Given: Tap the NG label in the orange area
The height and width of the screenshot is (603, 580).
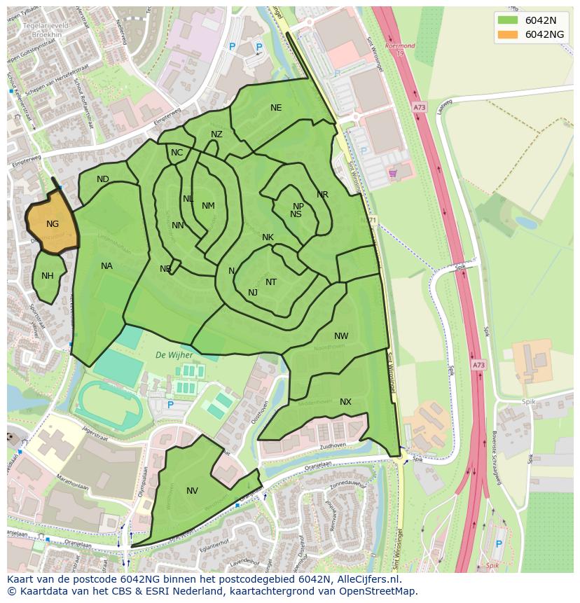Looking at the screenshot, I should pyautogui.click(x=53, y=224).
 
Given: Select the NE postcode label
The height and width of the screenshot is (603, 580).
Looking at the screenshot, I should pyautogui.click(x=276, y=108).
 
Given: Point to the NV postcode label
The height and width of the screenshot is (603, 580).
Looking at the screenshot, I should pyautogui.click(x=192, y=491).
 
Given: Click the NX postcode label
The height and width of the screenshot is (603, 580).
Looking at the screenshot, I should pyautogui.click(x=345, y=402).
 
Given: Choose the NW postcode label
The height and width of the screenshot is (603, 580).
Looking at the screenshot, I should pyautogui.click(x=341, y=336).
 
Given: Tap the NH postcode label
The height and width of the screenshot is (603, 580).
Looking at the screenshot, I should pyautogui.click(x=47, y=276).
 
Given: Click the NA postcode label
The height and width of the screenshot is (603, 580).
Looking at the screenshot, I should pyautogui.click(x=106, y=266).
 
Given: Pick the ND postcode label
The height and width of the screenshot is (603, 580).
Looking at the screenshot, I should pyautogui.click(x=103, y=179).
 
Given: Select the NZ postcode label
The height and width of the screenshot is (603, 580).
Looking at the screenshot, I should pyautogui.click(x=216, y=134).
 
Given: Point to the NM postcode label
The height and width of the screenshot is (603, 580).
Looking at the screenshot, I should pyautogui.click(x=208, y=206).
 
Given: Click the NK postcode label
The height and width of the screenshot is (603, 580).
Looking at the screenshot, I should pyautogui.click(x=268, y=237).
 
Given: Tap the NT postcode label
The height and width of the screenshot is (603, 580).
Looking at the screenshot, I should pyautogui.click(x=271, y=282).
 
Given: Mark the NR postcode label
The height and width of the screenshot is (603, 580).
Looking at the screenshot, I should pyautogui.click(x=322, y=195).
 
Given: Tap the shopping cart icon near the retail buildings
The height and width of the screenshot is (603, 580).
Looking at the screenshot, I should pyautogui.click(x=392, y=172).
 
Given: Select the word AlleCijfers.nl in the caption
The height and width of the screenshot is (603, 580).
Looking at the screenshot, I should pyautogui.click(x=368, y=580).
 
